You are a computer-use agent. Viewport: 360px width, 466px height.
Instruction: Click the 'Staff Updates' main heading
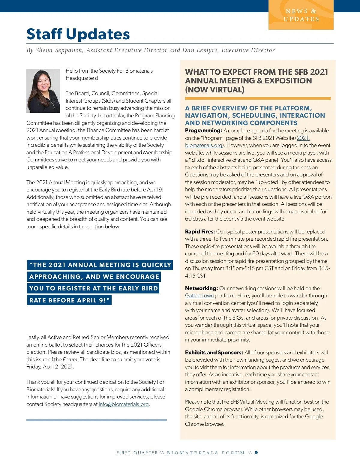click(78, 34)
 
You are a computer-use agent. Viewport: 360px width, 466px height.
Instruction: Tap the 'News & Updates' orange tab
click(301, 15)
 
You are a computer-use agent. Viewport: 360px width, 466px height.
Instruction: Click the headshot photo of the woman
click(43, 91)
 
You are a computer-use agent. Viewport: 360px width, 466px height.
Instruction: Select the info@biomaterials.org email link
click(124, 404)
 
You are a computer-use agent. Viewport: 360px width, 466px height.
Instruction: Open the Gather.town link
click(199, 296)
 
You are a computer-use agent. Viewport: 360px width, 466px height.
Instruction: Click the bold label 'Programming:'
click(203, 131)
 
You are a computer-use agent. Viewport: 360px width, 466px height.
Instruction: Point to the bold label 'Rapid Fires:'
click(200, 232)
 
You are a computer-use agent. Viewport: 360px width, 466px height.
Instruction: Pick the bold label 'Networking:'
click(201, 288)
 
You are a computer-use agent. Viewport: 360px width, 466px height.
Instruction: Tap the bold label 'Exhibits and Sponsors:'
click(214, 353)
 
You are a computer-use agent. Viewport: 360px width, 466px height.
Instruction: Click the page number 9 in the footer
click(256, 453)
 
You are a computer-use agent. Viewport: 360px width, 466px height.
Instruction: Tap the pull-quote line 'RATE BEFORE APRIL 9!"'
click(69, 300)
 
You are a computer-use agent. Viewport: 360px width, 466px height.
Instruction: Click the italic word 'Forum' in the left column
click(70, 359)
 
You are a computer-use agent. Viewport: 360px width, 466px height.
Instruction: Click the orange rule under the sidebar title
click(258, 98)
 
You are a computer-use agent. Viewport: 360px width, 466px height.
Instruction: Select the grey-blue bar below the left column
click(96, 420)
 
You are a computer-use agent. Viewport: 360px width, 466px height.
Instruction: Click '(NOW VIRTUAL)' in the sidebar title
click(214, 90)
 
